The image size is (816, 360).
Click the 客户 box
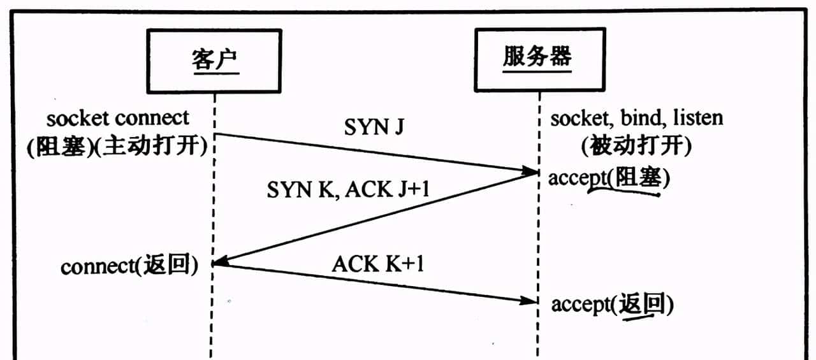pyautogui.click(x=214, y=61)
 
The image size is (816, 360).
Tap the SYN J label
pyautogui.click(x=375, y=127)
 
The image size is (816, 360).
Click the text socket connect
pyautogui.click(x=118, y=118)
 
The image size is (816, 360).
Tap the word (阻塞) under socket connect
pyautogui.click(x=60, y=147)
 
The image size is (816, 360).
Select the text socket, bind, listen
pyautogui.click(x=637, y=118)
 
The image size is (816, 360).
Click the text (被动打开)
pyautogui.click(x=636, y=147)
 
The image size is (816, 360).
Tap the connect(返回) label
pyautogui.click(x=128, y=265)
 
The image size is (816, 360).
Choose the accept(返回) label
pyautogui.click(x=612, y=305)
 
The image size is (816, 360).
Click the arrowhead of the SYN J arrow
pyautogui.click(x=530, y=171)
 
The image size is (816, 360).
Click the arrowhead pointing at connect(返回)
pyautogui.click(x=221, y=262)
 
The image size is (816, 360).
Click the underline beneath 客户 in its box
pyautogui.click(x=214, y=74)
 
